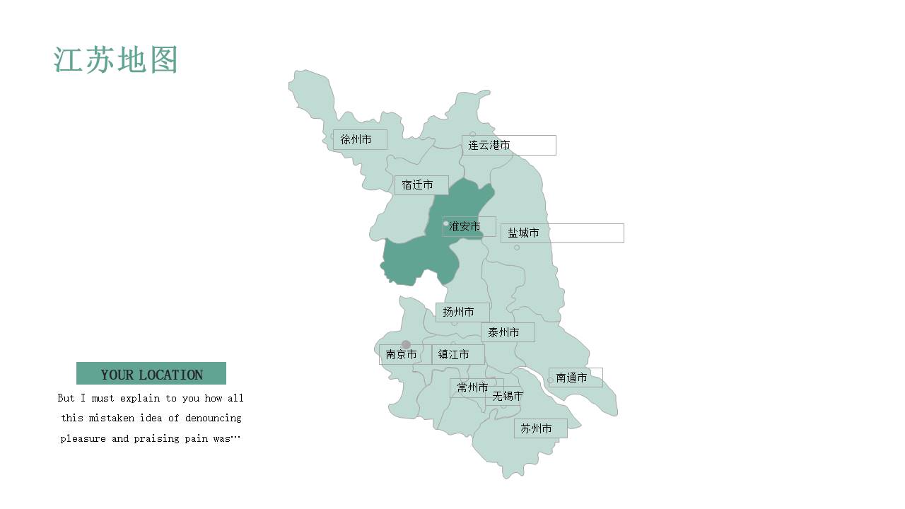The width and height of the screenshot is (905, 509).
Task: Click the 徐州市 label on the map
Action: click(x=356, y=139)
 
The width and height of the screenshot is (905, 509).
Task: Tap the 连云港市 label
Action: click(x=489, y=145)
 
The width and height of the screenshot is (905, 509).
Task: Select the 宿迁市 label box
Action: click(x=418, y=185)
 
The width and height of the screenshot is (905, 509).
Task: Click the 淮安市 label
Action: click(x=465, y=226)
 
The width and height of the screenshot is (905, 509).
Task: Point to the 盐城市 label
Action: click(x=524, y=233)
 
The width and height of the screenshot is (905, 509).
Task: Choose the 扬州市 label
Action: click(x=459, y=312)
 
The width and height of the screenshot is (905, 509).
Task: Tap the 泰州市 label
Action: click(x=504, y=332)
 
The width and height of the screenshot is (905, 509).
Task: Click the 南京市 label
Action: click(x=402, y=354)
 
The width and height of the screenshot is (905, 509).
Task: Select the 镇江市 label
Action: click(x=454, y=354)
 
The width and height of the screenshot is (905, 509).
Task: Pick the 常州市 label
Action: click(x=472, y=387)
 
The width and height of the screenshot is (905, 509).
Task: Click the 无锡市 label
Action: click(x=508, y=396)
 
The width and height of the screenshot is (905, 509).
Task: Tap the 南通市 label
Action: click(x=572, y=378)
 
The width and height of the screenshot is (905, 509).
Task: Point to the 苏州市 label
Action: click(x=537, y=428)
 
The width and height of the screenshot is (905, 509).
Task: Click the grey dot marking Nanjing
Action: click(x=406, y=344)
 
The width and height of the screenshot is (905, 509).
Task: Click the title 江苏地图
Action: click(x=115, y=60)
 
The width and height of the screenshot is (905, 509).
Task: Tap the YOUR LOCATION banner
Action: click(x=151, y=374)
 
